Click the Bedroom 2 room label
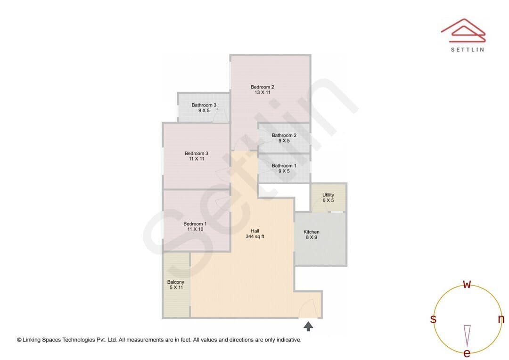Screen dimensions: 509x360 click(263, 87)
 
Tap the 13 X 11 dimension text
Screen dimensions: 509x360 click(263, 92)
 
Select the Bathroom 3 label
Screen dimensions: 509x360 click(204, 105)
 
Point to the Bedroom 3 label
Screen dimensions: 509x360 click(197, 153)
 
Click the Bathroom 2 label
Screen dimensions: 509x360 click(284, 135)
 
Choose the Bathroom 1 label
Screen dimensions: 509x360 click(284, 165)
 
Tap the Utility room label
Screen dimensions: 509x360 click(328, 195)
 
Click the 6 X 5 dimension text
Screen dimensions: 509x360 click(328, 200)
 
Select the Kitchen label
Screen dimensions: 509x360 click(312, 232)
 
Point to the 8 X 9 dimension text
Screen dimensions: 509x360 click(312, 237)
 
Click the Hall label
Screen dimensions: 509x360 click(255, 231)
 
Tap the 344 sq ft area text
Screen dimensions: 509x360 click(255, 237)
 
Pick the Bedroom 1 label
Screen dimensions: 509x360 click(195, 224)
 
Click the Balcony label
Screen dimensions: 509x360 click(176, 282)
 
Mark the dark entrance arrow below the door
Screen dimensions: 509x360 click(308, 326)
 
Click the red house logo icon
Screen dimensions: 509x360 click(463, 31)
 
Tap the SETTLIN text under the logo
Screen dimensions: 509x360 click(468, 49)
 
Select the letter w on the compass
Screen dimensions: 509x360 click(467, 284)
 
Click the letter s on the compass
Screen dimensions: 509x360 click(433, 319)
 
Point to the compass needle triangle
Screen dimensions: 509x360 click(467, 335)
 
